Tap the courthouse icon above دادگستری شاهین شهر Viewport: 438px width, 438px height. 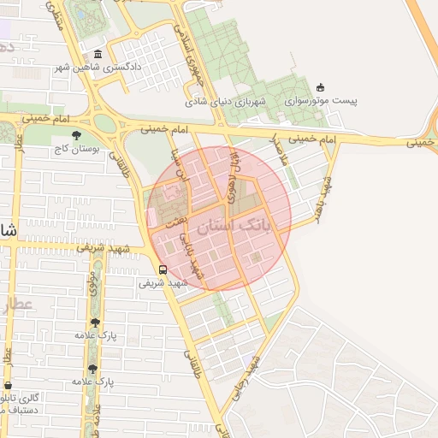tap(98, 55)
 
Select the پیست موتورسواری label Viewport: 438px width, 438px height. tap(328, 100)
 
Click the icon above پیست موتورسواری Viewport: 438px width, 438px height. tap(321, 86)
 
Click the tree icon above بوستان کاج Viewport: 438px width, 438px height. tap(77, 135)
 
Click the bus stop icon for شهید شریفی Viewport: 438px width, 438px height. tap(163, 269)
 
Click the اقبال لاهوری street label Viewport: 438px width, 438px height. tap(235, 165)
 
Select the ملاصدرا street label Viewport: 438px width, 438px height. tap(276, 150)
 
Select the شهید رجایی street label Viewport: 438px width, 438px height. tap(247, 378)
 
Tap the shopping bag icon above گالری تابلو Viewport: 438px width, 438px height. tap(7, 386)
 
